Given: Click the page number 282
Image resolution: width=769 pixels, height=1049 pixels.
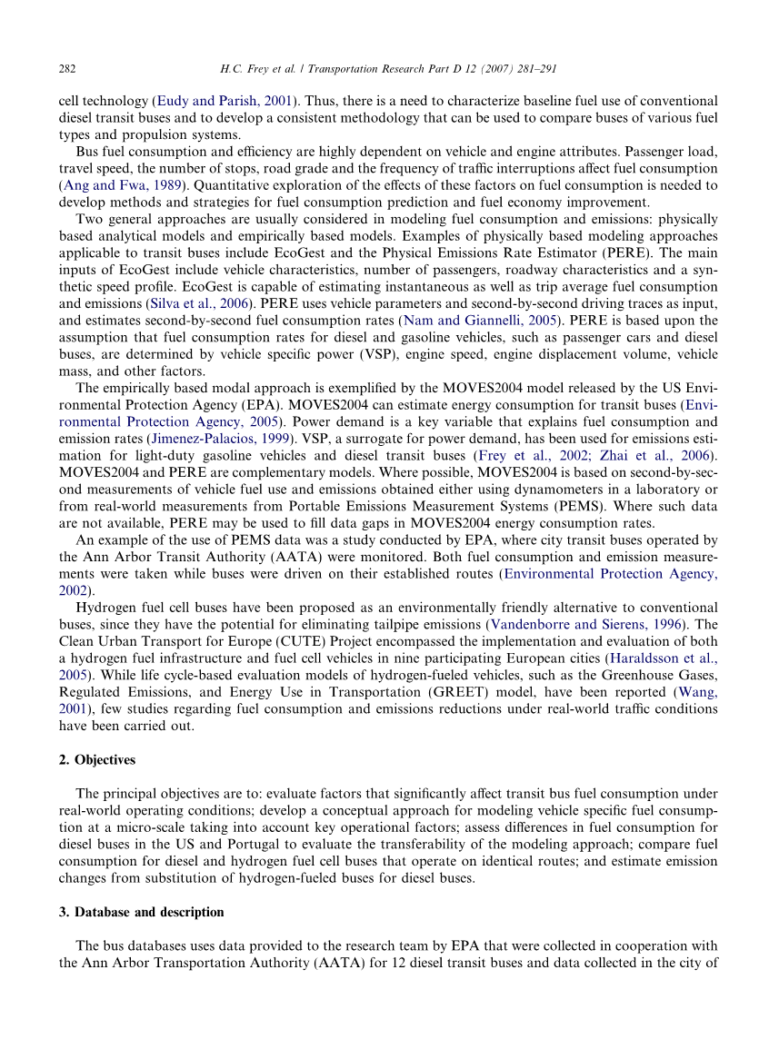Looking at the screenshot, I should click(x=66, y=68).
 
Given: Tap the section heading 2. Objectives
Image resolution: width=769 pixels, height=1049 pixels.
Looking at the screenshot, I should click(x=97, y=759).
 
